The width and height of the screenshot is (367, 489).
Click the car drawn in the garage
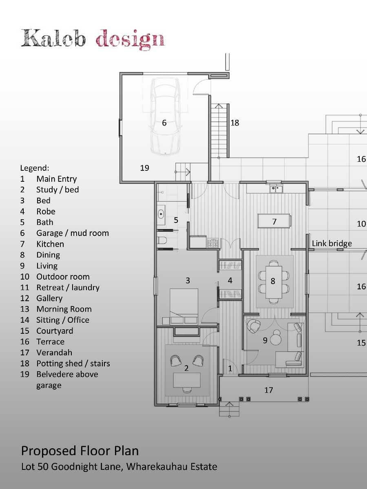click(165, 116)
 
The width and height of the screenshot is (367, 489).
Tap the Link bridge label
click(332, 244)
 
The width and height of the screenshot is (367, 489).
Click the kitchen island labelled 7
click(274, 222)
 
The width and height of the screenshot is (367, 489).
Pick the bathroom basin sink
click(161, 214)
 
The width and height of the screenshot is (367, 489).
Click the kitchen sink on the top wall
click(276, 188)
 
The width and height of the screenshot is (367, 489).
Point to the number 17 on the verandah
click(268, 390)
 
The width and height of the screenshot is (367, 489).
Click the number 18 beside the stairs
click(234, 123)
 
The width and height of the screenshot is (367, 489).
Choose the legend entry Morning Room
click(64, 309)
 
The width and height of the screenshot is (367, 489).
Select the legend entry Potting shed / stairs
click(73, 363)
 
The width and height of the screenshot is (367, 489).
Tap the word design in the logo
click(130, 40)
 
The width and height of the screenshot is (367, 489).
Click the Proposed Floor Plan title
click(80, 451)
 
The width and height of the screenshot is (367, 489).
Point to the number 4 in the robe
click(230, 281)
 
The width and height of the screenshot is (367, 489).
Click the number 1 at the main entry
click(230, 369)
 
